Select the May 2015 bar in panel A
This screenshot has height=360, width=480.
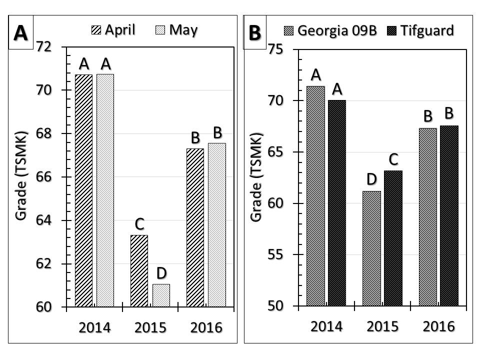(x=161, y=295)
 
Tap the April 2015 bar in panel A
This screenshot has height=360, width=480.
(x=139, y=270)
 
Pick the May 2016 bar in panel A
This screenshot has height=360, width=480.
(x=217, y=224)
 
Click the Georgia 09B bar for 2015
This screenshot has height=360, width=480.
(x=371, y=248)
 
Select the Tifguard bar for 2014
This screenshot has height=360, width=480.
(x=337, y=202)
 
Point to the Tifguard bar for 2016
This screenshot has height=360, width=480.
(x=449, y=215)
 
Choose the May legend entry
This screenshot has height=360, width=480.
(x=175, y=30)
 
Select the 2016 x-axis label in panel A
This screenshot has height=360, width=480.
(x=207, y=328)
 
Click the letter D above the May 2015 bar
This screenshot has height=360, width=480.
(x=161, y=273)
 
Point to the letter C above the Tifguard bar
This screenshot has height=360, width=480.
(x=393, y=159)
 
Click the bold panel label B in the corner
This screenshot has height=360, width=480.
(x=255, y=33)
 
